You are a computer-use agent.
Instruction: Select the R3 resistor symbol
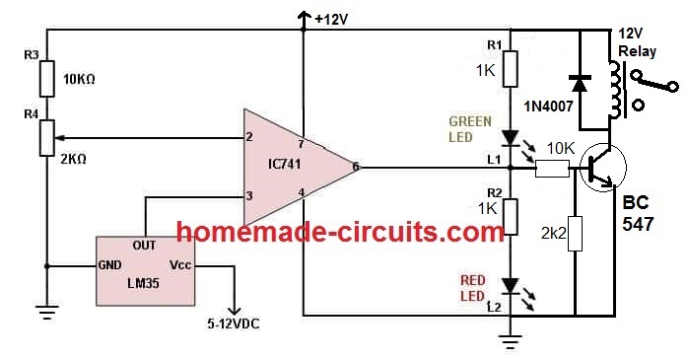tap(46, 77)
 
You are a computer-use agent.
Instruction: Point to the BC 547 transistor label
tap(639, 214)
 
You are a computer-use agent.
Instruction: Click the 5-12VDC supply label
tap(235, 321)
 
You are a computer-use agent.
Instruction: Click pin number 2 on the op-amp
tap(250, 136)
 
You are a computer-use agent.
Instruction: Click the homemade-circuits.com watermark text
tap(341, 233)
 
